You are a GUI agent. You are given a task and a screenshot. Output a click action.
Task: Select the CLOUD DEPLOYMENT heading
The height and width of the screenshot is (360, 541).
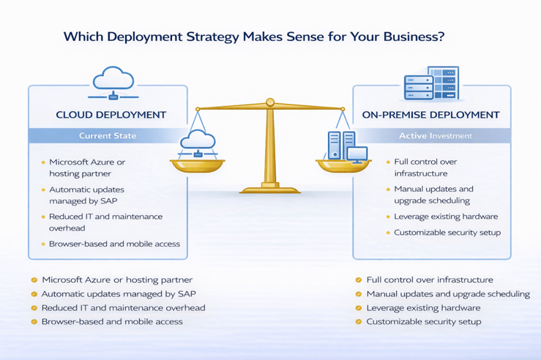point(111,115)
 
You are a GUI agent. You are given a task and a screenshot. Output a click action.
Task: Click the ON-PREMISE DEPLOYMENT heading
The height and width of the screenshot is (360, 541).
point(431,115)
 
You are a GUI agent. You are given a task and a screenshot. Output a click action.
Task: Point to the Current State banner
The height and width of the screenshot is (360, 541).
point(108,135)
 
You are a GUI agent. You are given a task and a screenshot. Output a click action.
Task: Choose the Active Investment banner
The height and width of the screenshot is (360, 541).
point(436,135)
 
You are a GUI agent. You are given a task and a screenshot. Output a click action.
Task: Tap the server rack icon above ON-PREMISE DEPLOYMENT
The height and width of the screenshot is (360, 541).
point(431,83)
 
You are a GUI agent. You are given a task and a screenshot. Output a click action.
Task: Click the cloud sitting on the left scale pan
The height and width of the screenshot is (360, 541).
point(196,140)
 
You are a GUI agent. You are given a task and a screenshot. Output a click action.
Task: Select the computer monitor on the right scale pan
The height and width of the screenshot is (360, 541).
point(357,154)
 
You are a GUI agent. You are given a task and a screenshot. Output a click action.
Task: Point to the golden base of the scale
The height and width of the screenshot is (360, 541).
point(270,189)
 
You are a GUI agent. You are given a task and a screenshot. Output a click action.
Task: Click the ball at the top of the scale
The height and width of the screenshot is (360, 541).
point(270,102)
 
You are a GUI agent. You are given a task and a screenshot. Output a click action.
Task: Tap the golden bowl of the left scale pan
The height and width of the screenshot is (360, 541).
point(197,165)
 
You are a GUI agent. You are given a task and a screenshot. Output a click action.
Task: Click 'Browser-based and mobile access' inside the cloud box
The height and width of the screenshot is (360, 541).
point(114,244)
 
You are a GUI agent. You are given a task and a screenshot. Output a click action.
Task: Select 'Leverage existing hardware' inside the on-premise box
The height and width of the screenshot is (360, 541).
point(446,217)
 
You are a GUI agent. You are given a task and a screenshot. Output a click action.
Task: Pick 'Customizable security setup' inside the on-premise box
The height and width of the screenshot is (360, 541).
point(447,233)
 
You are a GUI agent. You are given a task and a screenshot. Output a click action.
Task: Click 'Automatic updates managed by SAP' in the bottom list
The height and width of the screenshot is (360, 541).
point(119,294)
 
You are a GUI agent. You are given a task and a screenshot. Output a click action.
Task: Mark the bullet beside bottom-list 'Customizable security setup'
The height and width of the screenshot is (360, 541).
point(359,322)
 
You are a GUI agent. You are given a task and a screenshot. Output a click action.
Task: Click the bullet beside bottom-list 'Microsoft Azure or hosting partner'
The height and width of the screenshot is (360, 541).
point(34,280)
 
